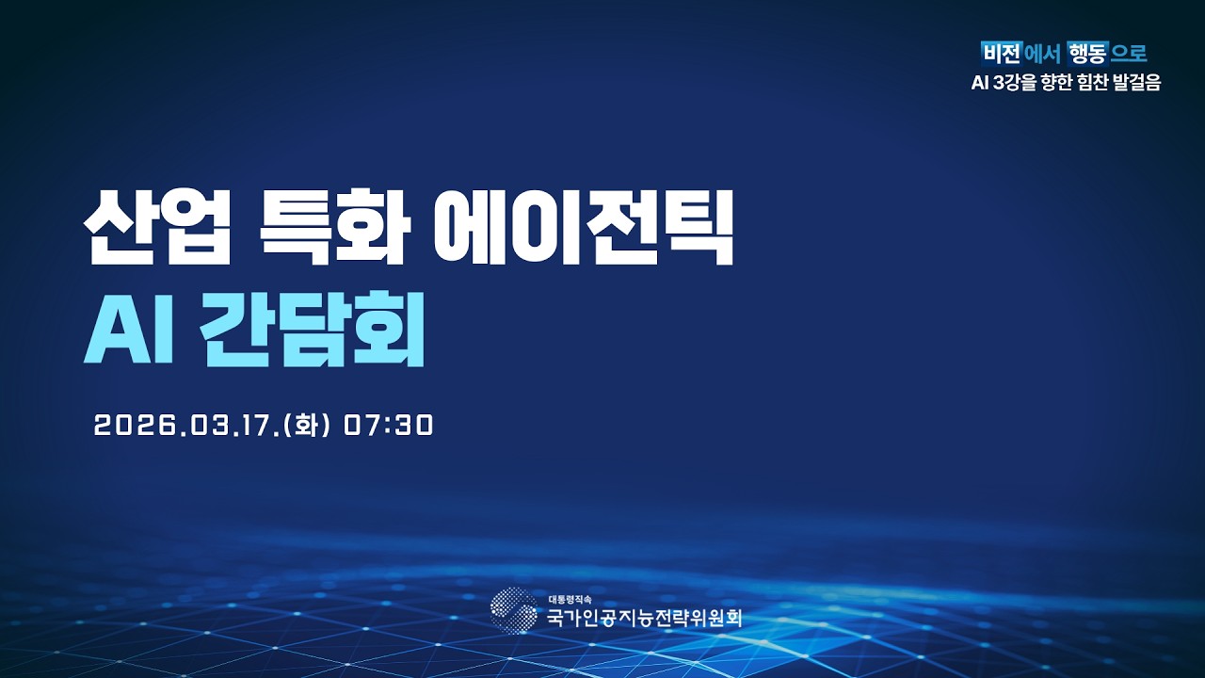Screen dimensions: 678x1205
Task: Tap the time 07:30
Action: [388, 426]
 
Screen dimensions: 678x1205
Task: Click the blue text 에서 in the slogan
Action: [1043, 53]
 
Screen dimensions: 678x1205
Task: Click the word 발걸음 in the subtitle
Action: [1140, 83]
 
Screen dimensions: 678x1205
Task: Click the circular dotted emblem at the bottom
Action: [514, 610]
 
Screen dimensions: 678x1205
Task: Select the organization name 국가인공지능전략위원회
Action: [644, 619]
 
